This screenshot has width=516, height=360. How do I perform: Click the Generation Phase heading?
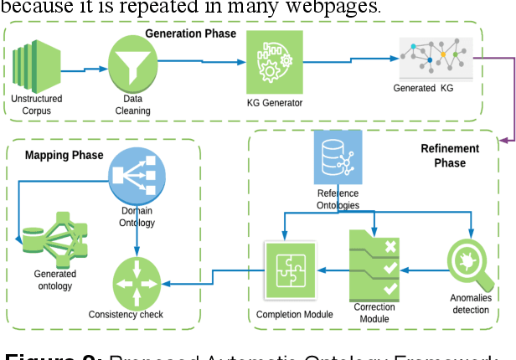[190, 34]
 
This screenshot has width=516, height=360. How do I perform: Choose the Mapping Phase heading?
[64, 155]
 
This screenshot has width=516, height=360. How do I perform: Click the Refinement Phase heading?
[450, 157]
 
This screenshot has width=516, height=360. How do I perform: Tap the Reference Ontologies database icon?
[338, 159]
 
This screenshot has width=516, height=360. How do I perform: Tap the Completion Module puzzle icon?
[288, 269]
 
